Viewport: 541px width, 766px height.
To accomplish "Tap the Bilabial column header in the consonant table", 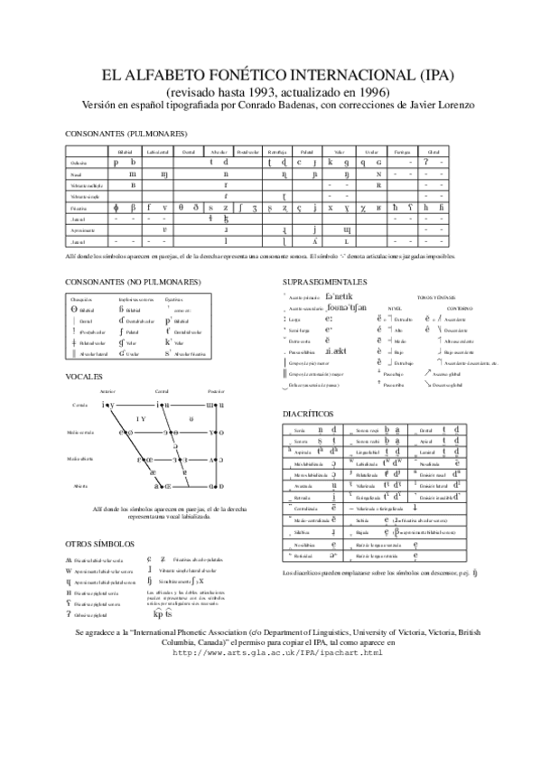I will [x=124, y=154].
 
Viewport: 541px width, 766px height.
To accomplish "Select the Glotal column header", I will [x=434, y=154].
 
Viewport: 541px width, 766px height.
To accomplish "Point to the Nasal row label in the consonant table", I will [x=77, y=174].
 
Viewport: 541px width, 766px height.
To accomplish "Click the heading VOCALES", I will [x=84, y=375].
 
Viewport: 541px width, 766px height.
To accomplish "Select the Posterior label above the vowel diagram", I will [x=215, y=391].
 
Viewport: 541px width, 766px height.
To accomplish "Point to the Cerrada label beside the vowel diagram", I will [x=79, y=406].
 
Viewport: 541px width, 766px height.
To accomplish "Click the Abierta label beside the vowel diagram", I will [x=79, y=486].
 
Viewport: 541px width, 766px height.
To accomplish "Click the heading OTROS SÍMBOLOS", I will [x=100, y=545].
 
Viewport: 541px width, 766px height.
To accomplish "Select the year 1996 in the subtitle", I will [x=375, y=92].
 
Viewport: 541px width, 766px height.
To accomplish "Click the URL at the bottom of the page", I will [x=270, y=652].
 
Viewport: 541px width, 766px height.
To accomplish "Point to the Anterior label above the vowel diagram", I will [x=108, y=391].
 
